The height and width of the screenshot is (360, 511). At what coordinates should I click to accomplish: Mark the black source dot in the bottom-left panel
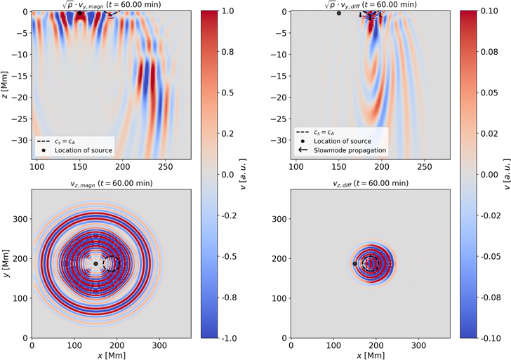pyautogui.click(x=95, y=264)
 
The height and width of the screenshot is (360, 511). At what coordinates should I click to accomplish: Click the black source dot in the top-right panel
pyautogui.click(x=339, y=13)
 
